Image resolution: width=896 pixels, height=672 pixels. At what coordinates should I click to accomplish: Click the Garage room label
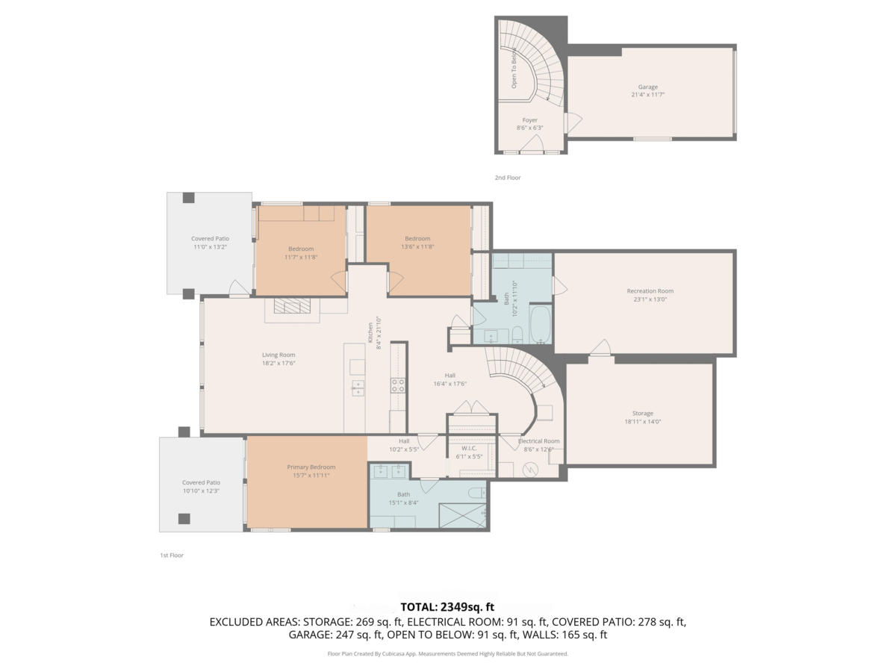pyautogui.click(x=647, y=87)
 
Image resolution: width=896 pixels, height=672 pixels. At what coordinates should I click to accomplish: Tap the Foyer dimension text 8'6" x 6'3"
pyautogui.click(x=529, y=128)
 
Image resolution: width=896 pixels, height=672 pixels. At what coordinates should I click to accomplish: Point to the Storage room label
pyautogui.click(x=642, y=413)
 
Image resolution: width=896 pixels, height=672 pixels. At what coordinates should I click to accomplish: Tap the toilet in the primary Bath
pyautogui.click(x=475, y=494)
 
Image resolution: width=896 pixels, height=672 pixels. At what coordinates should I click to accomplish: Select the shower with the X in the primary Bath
pyautogui.click(x=461, y=516)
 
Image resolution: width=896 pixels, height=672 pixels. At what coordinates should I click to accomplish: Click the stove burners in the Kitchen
pyautogui.click(x=398, y=385)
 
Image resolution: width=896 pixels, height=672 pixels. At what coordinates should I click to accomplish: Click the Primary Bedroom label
pyautogui.click(x=308, y=467)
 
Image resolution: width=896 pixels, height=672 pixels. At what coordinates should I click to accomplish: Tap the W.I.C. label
pyautogui.click(x=469, y=448)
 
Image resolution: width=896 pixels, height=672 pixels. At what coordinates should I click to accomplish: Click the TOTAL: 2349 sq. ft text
pyautogui.click(x=448, y=607)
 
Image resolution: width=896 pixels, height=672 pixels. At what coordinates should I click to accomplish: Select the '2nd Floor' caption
pyautogui.click(x=508, y=178)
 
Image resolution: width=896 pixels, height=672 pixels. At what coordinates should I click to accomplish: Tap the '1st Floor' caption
pyautogui.click(x=172, y=556)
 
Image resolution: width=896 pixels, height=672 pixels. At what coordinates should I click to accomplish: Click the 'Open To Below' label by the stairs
pyautogui.click(x=514, y=68)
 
